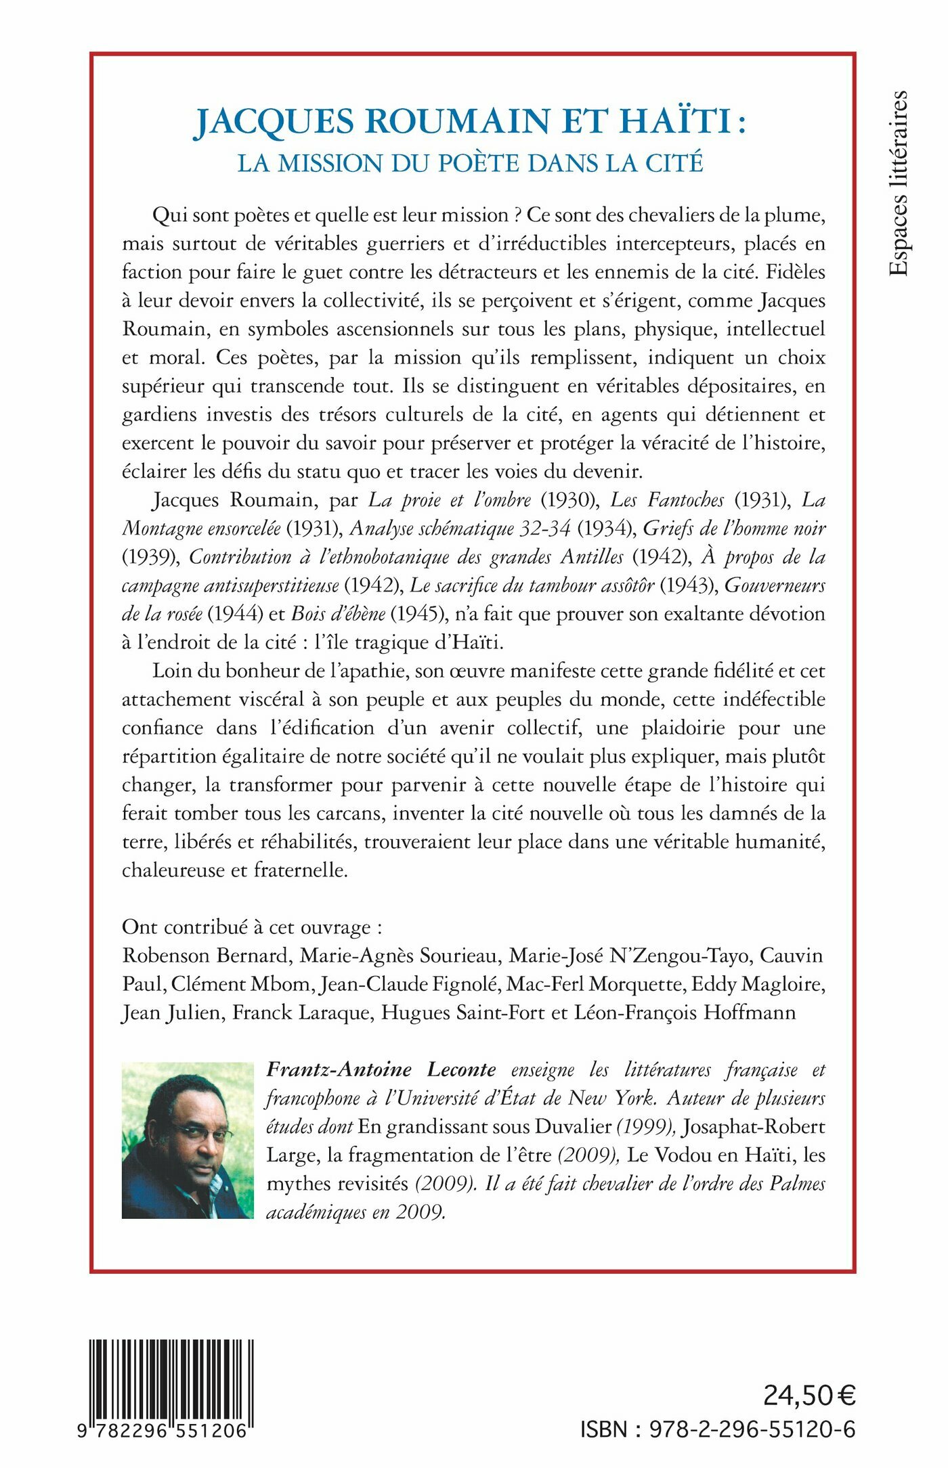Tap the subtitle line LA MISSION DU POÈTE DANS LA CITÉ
pyautogui.click(x=470, y=163)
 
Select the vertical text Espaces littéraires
pyautogui.click(x=898, y=183)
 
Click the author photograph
pyautogui.click(x=188, y=1140)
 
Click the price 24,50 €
pyautogui.click(x=809, y=1395)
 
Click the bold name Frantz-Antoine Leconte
pyautogui.click(x=381, y=1069)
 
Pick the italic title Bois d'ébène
pyautogui.click(x=338, y=613)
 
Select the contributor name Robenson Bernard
pyautogui.click(x=205, y=955)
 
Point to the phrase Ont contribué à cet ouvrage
pyautogui.click(x=246, y=927)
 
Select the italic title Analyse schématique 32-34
pyautogui.click(x=460, y=528)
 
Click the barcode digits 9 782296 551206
pyautogui.click(x=171, y=1430)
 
